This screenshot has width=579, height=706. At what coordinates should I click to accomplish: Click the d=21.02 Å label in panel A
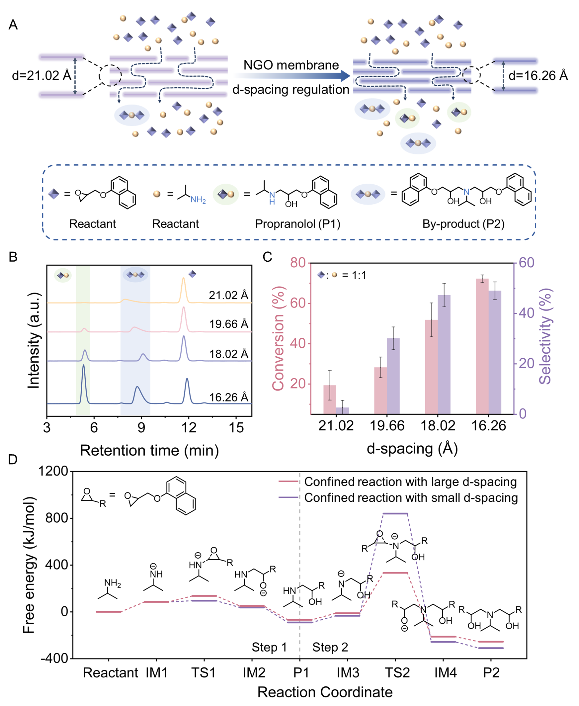tap(41, 76)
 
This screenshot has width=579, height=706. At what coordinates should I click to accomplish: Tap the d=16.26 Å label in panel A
tap(538, 76)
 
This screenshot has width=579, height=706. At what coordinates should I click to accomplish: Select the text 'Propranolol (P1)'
tap(297, 223)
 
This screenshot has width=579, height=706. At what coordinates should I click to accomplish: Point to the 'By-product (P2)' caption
tap(463, 223)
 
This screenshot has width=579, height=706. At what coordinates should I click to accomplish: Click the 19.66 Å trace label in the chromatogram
tap(229, 324)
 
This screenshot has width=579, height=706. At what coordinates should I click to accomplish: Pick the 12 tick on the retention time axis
tap(189, 427)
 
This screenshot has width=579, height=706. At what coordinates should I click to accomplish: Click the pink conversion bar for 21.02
tap(330, 399)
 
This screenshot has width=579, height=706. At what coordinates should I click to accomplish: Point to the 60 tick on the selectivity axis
tap(526, 263)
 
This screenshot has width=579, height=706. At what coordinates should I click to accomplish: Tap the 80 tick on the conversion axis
tap(298, 263)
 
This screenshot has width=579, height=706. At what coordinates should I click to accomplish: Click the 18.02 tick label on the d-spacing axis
tap(438, 426)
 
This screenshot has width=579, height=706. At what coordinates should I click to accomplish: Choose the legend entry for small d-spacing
tap(411, 497)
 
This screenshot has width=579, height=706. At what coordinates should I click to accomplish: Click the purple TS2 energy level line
tap(395, 513)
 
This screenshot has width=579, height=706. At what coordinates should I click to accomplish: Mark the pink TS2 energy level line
tap(395, 573)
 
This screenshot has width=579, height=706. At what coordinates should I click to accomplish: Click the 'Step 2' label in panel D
tap(330, 647)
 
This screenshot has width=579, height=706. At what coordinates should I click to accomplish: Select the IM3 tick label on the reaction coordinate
tap(348, 673)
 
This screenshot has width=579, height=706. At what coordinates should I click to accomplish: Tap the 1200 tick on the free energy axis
tap(53, 471)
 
